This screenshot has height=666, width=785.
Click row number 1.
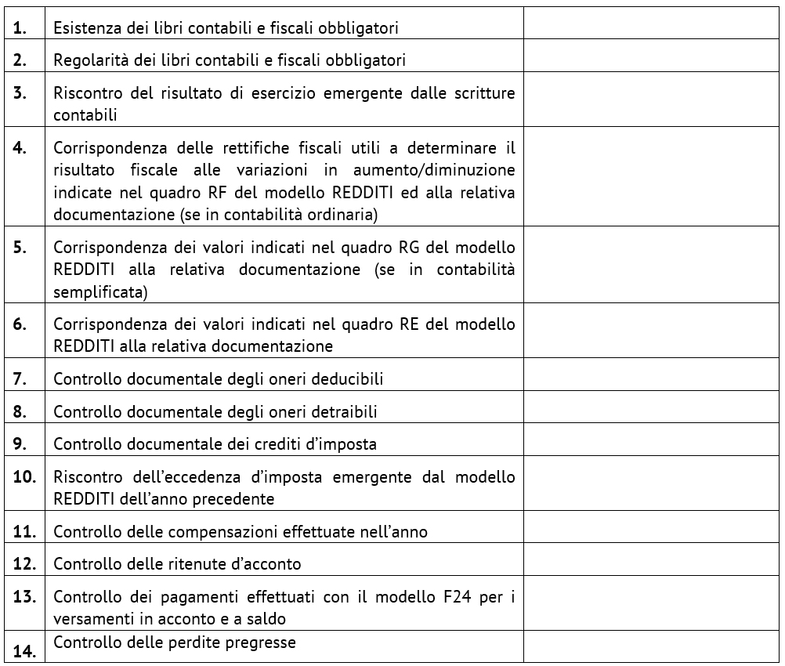tap(20, 28)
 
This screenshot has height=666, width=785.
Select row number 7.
tap(20, 379)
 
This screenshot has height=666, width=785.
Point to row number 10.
tap(24, 476)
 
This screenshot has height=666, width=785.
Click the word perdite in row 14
tap(200, 643)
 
